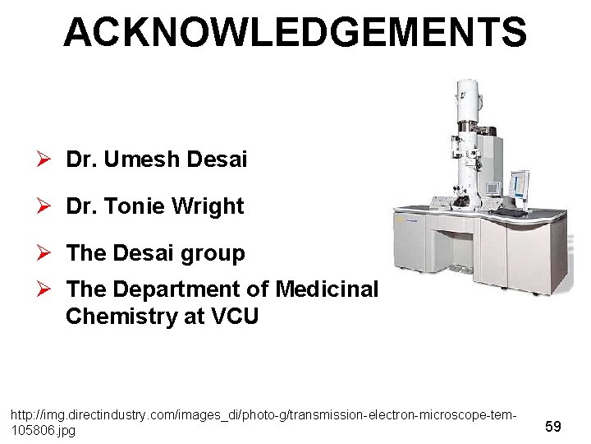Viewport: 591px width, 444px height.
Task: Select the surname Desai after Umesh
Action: (x=217, y=160)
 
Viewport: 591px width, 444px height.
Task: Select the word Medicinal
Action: (x=328, y=289)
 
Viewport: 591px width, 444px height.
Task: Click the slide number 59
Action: (x=553, y=427)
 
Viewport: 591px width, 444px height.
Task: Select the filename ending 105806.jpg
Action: (x=43, y=431)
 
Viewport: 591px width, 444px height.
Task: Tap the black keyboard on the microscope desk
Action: (x=511, y=213)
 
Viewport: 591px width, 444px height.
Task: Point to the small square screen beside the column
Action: (x=492, y=187)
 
